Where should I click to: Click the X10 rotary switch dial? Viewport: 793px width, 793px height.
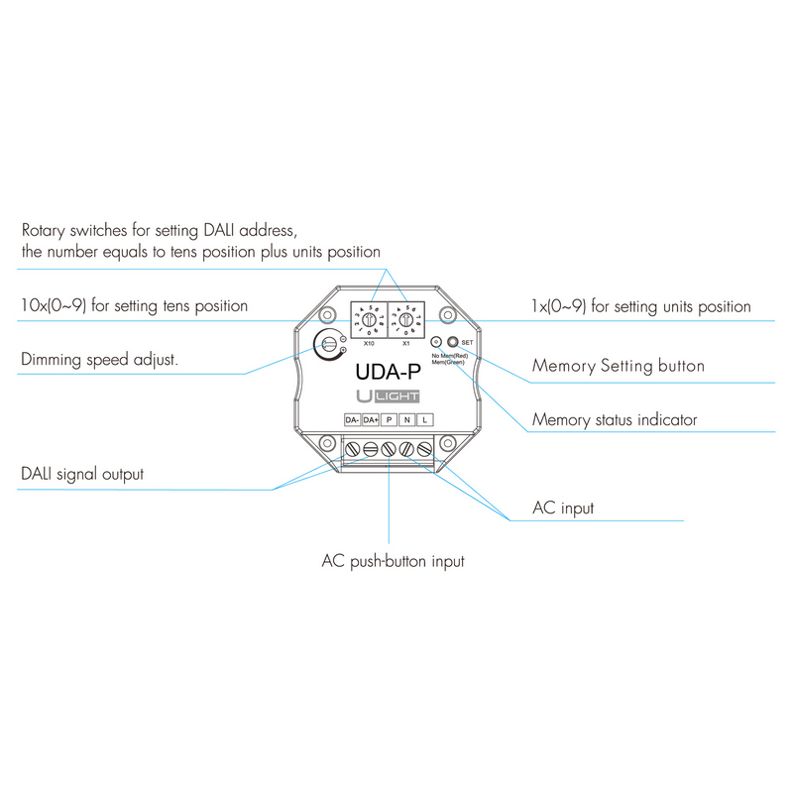tap(368, 321)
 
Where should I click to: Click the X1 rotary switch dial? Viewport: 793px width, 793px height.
tap(406, 321)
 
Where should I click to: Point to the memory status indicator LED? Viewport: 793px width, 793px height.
tap(436, 342)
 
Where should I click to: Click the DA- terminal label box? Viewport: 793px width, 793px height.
tap(352, 420)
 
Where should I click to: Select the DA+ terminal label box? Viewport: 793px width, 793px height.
tap(371, 420)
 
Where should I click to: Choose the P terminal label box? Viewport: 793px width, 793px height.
tap(389, 420)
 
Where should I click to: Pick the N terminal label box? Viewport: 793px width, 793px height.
tap(406, 420)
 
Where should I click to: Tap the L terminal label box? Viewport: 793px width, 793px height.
tap(424, 420)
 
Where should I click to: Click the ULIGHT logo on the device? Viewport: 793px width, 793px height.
tap(389, 396)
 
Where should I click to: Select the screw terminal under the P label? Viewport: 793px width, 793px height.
tap(389, 450)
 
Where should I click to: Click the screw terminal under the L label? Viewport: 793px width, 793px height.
tap(424, 450)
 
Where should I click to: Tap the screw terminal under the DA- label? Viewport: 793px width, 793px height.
tap(352, 450)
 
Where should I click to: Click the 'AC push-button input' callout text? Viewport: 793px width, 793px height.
tap(394, 561)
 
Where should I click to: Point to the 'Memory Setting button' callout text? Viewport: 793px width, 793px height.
tap(619, 366)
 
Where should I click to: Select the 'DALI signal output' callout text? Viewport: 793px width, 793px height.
tap(82, 474)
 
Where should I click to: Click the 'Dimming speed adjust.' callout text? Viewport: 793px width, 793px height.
tap(100, 359)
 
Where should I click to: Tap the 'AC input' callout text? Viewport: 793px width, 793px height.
tap(563, 509)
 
